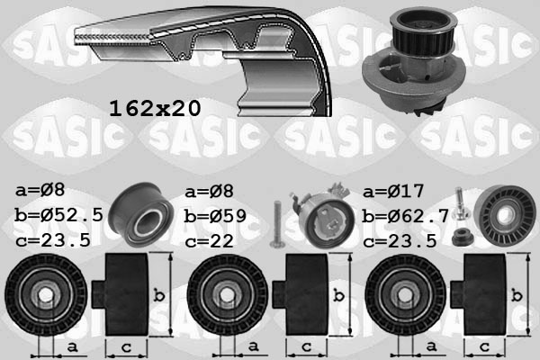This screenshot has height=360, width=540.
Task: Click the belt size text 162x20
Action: pyautogui.click(x=154, y=108)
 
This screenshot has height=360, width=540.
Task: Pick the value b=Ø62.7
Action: pyautogui.click(x=404, y=215)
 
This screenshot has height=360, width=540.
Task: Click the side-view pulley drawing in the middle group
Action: pyautogui.click(x=304, y=293)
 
